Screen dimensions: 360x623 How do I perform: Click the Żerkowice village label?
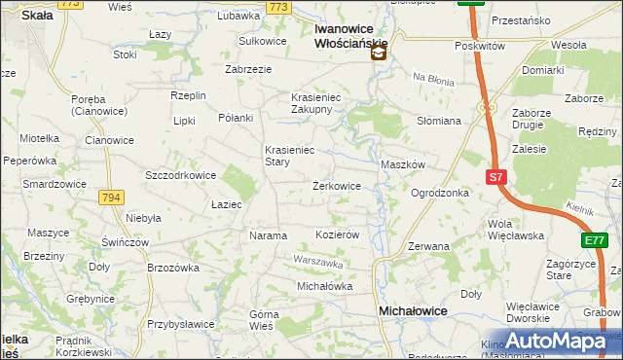click(x=337, y=186)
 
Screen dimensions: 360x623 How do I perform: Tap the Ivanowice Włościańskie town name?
click(x=351, y=36)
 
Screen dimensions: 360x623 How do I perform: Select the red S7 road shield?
click(x=496, y=177)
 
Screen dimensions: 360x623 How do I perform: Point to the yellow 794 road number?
click(x=111, y=198)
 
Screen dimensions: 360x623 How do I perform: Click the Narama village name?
click(x=269, y=235)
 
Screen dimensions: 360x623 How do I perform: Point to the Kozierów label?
click(x=339, y=235)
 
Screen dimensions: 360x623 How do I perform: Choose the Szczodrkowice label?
click(x=179, y=175)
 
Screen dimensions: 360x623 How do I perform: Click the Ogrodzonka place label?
click(x=440, y=193)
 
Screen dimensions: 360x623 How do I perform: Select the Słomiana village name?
click(x=438, y=121)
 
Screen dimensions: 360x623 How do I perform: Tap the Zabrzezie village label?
click(x=248, y=69)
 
